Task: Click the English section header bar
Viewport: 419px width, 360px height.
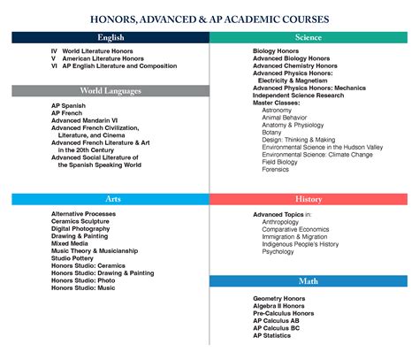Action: tap(110, 37)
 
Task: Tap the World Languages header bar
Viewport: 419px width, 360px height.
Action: tap(110, 90)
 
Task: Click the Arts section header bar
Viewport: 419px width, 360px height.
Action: tap(110, 199)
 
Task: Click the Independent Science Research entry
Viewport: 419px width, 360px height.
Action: tap(300, 96)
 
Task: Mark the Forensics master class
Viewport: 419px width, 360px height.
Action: tap(276, 169)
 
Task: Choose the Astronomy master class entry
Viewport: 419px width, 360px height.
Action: tap(278, 111)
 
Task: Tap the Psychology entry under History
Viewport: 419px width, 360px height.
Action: tap(278, 251)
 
